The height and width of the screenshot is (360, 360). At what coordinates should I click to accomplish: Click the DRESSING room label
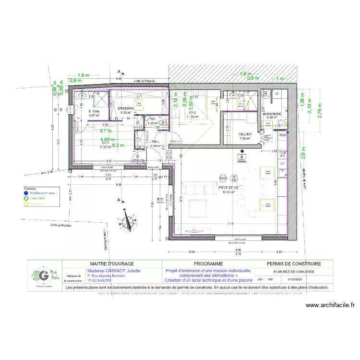click(126, 108)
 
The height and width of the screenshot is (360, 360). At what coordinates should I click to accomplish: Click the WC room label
click(152, 119)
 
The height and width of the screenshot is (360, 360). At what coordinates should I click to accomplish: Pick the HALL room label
click(155, 142)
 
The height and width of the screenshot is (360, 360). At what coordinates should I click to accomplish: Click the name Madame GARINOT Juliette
click(113, 271)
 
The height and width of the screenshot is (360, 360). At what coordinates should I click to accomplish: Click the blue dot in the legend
click(26, 192)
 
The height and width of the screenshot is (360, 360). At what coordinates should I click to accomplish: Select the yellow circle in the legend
click(26, 204)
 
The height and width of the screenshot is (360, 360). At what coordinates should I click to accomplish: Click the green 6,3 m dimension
click(118, 144)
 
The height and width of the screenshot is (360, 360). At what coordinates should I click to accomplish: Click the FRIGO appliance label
click(283, 135)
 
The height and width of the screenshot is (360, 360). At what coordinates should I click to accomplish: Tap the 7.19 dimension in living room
click(230, 224)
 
